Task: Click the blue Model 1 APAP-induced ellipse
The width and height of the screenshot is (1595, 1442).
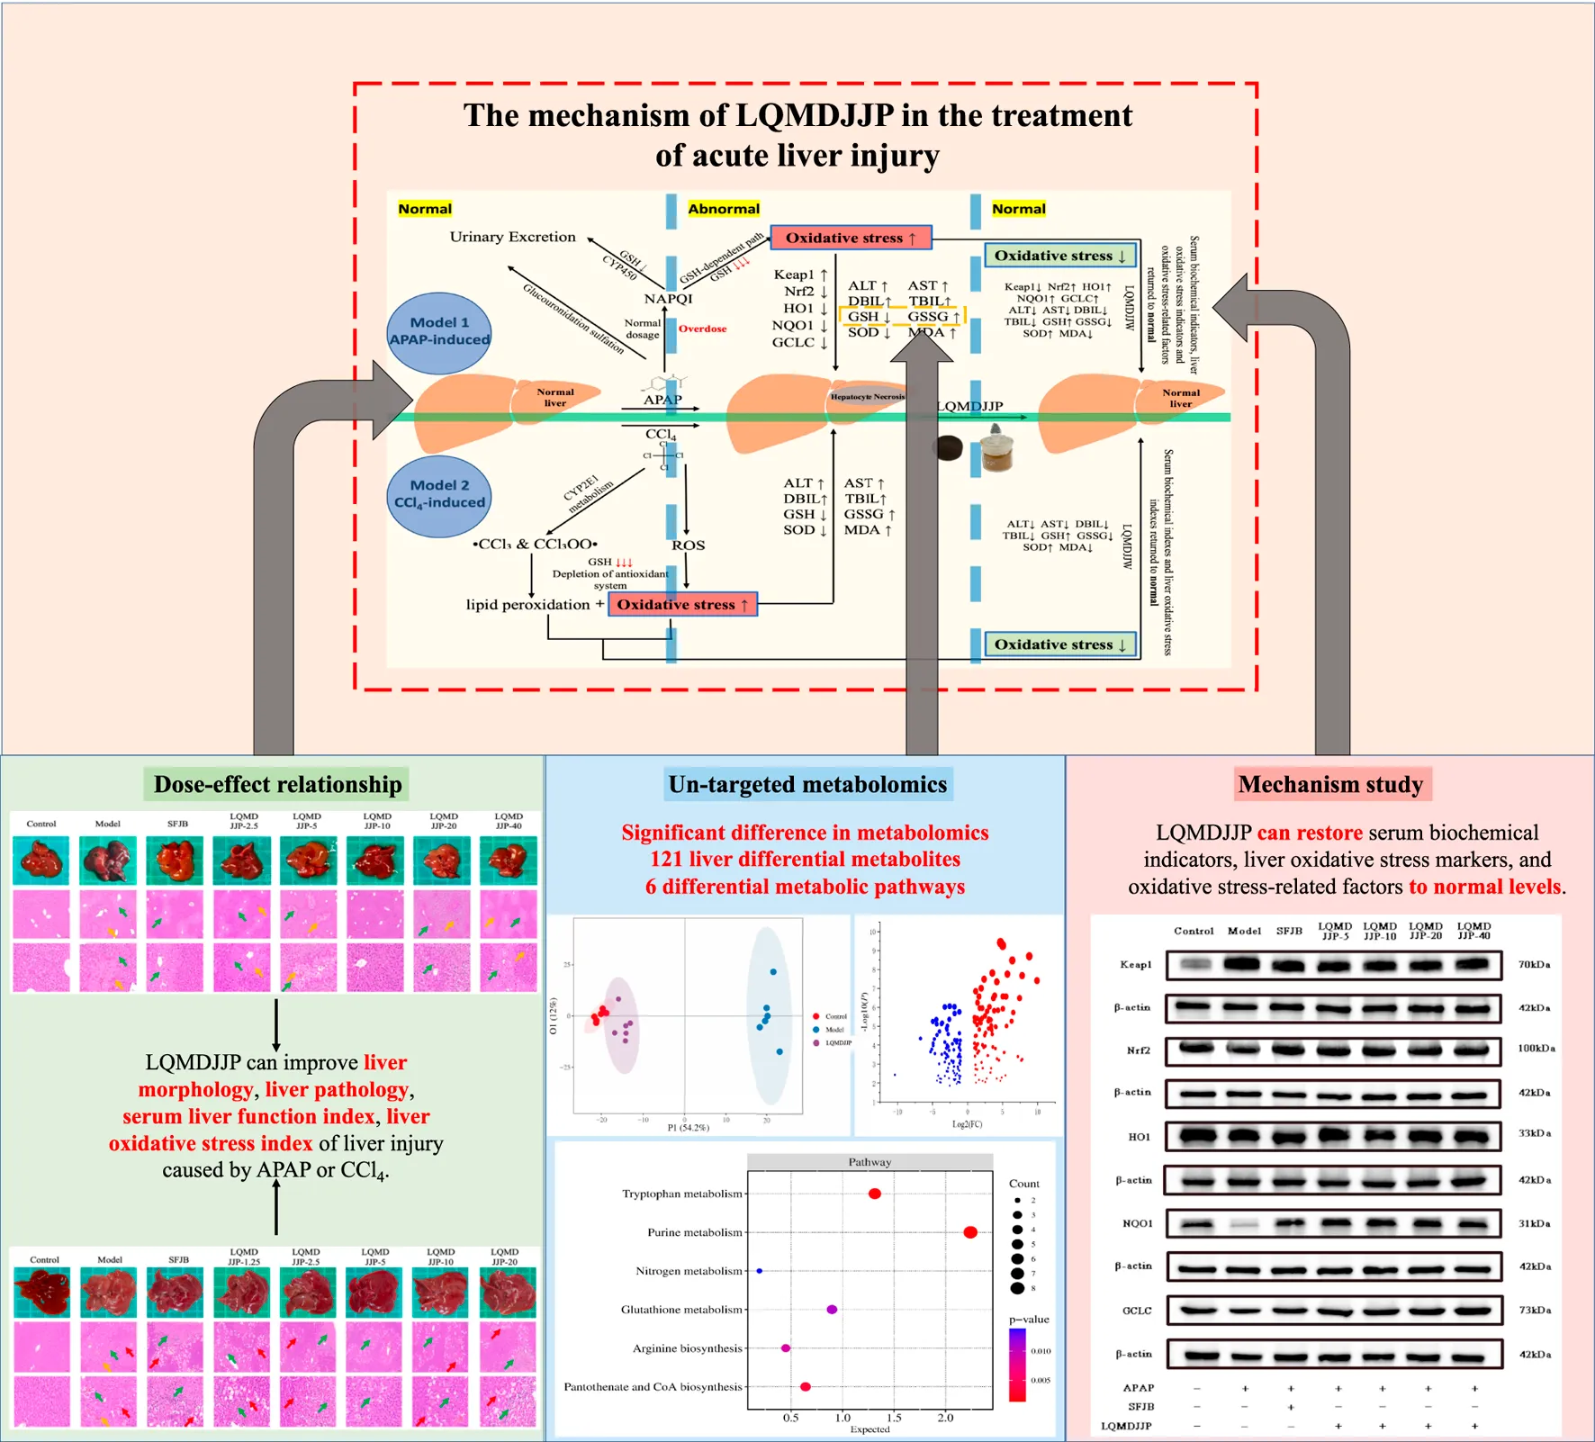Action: click(x=439, y=332)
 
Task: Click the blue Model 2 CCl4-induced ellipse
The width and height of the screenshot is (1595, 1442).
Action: click(x=439, y=495)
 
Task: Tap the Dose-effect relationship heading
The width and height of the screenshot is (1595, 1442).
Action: click(x=277, y=784)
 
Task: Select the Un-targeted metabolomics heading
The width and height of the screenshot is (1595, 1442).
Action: click(x=807, y=784)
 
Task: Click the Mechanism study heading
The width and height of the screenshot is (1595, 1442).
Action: click(x=1330, y=784)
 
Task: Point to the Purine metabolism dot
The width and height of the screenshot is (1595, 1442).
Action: click(x=969, y=1232)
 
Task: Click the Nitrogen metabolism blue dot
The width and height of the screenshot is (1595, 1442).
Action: click(x=760, y=1271)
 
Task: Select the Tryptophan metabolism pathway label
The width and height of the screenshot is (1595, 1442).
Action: click(x=682, y=1194)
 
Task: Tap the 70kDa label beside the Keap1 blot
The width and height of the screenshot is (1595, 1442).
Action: click(x=1534, y=964)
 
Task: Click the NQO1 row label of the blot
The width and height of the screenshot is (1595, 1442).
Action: click(x=1137, y=1223)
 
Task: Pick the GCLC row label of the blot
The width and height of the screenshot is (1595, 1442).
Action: click(x=1137, y=1311)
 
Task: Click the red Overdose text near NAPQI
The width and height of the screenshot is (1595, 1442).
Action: click(x=702, y=329)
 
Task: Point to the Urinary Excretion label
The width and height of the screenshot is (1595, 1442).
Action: click(x=512, y=237)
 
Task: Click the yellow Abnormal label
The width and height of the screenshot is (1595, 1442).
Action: click(x=724, y=209)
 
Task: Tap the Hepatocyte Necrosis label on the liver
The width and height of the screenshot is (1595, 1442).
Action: click(x=867, y=396)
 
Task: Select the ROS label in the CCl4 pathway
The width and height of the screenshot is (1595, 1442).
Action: click(x=688, y=545)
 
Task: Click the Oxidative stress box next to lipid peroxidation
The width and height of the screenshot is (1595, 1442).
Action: click(x=682, y=604)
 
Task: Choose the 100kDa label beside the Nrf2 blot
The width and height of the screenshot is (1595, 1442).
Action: click(x=1536, y=1049)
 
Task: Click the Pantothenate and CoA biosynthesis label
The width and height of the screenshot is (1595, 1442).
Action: click(x=653, y=1386)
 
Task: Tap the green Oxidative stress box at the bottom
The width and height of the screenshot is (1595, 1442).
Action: click(x=1059, y=644)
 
